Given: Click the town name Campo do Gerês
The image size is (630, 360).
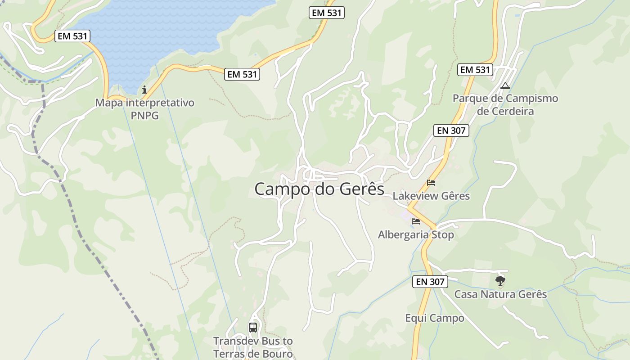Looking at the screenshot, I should pos(319,189).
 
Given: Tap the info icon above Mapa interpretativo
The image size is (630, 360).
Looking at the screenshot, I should pos(144,90).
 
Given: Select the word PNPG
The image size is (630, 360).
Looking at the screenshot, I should pos(144,116).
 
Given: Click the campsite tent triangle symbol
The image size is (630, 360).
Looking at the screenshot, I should pos(505,85).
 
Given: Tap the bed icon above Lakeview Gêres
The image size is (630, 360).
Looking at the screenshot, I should pos(431,183).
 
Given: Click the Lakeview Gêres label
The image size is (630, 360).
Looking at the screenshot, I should pos(431,196).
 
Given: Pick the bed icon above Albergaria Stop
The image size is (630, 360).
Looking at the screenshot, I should pos(416,221).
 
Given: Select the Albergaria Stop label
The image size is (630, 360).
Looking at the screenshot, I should pos(416,235).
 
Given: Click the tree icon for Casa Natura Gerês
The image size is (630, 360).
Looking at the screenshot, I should pos(500,281).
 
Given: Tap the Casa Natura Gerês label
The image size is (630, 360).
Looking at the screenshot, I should pos(500,294).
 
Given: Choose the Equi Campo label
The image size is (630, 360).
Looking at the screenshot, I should pos(435,318).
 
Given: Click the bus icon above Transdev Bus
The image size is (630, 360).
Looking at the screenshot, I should pos(253,328).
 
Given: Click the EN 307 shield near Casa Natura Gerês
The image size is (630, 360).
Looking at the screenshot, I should pos(430,282).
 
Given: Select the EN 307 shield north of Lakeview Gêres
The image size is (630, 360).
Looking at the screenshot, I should pos(451,130).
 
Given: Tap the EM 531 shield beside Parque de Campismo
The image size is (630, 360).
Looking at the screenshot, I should pos(475,70).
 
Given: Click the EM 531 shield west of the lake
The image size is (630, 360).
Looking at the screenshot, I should pos(72,36).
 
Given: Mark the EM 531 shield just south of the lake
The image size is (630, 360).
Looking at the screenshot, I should pos(243,74).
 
